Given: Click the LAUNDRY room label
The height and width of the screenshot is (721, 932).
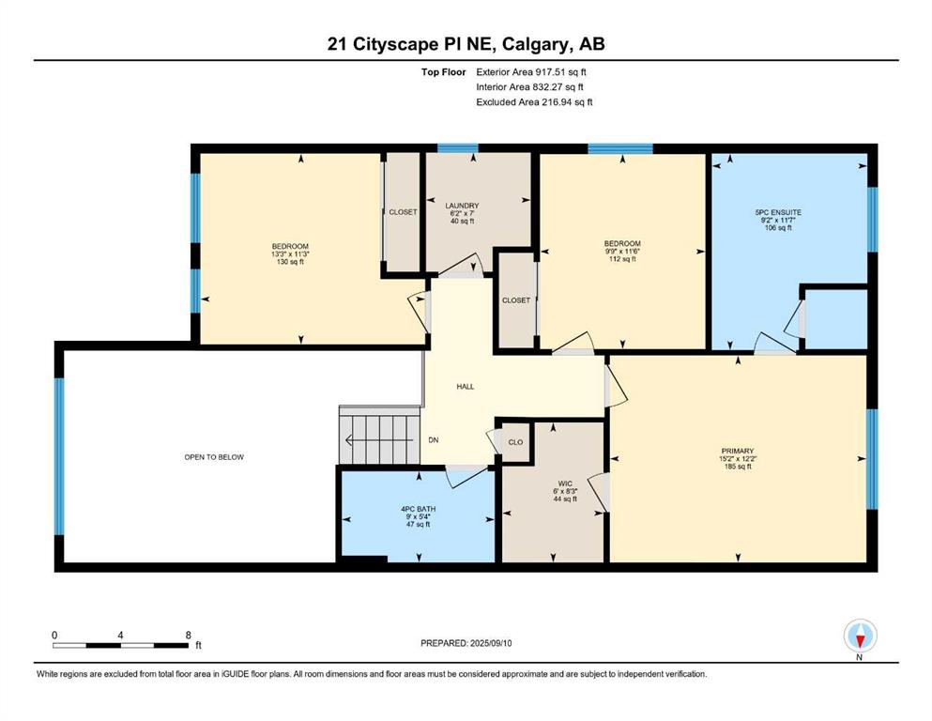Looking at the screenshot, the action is pyautogui.click(x=462, y=206).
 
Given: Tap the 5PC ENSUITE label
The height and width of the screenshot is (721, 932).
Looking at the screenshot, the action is pyautogui.click(x=778, y=212).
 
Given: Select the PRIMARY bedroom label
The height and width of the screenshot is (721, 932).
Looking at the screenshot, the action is pyautogui.click(x=738, y=452).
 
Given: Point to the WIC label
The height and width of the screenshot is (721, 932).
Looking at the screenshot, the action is pyautogui.click(x=565, y=483).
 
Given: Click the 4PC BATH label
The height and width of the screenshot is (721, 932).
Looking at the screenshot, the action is pyautogui.click(x=419, y=509).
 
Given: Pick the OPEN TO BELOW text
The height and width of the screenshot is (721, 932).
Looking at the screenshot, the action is pyautogui.click(x=214, y=457).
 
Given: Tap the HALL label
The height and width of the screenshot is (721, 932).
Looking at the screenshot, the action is pyautogui.click(x=466, y=387).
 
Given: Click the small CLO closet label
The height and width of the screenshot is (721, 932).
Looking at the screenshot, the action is pyautogui.click(x=516, y=442).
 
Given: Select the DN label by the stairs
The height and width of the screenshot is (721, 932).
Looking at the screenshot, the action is pyautogui.click(x=434, y=440).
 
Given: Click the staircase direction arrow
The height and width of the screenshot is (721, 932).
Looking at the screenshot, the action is pyautogui.click(x=379, y=440).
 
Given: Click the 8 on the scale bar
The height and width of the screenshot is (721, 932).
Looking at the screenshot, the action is pyautogui.click(x=189, y=635).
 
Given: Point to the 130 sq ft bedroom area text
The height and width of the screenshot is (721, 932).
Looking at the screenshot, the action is pyautogui.click(x=290, y=262).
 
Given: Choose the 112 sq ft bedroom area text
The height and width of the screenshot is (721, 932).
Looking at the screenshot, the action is pyautogui.click(x=622, y=258).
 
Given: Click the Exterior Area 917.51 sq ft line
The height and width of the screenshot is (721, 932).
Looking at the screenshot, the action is pyautogui.click(x=531, y=72).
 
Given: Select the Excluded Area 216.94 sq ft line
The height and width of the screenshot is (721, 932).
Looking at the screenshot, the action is pyautogui.click(x=534, y=101).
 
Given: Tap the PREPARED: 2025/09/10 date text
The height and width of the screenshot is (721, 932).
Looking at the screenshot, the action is pyautogui.click(x=466, y=643).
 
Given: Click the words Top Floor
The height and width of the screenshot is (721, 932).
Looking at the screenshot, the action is pyautogui.click(x=443, y=72).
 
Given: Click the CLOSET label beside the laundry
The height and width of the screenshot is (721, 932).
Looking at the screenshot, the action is pyautogui.click(x=403, y=212).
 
